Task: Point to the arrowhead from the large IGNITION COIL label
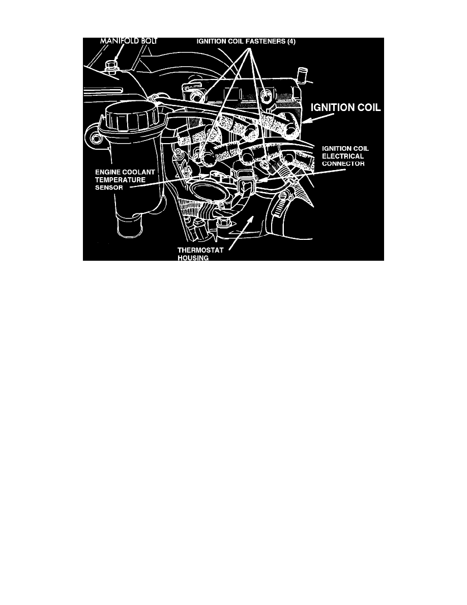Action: pos(306,121)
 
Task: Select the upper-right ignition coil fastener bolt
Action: pos(265,94)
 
